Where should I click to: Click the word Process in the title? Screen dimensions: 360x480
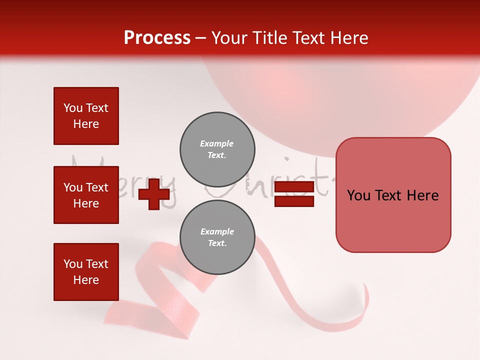[x=157, y=38]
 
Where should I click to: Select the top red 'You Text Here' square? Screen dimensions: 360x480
[x=86, y=116]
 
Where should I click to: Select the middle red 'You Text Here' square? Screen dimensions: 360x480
[x=86, y=195]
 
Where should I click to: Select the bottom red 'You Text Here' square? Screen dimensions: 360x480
[x=86, y=271]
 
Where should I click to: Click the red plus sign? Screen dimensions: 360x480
[x=153, y=194]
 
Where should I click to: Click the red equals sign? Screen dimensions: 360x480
[x=294, y=194]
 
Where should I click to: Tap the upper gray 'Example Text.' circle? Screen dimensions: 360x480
[x=217, y=149]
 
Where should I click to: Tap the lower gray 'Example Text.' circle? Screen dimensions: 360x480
[x=217, y=237]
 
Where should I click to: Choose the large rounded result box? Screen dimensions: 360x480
[x=393, y=194]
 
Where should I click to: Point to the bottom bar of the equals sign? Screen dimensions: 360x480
[x=294, y=201]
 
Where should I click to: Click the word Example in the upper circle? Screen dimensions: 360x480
[x=217, y=143]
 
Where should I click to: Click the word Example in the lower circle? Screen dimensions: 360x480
[x=217, y=231]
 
